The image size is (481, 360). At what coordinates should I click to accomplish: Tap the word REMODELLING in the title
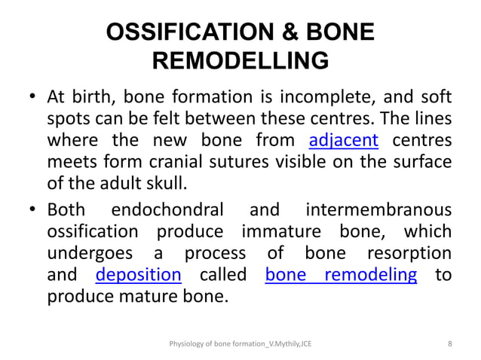pos(240,61)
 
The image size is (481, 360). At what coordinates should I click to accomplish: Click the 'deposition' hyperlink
pos(139,274)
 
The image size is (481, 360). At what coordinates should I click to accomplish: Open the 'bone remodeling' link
pos(342,274)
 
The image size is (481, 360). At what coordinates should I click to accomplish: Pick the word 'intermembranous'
pos(379,209)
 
